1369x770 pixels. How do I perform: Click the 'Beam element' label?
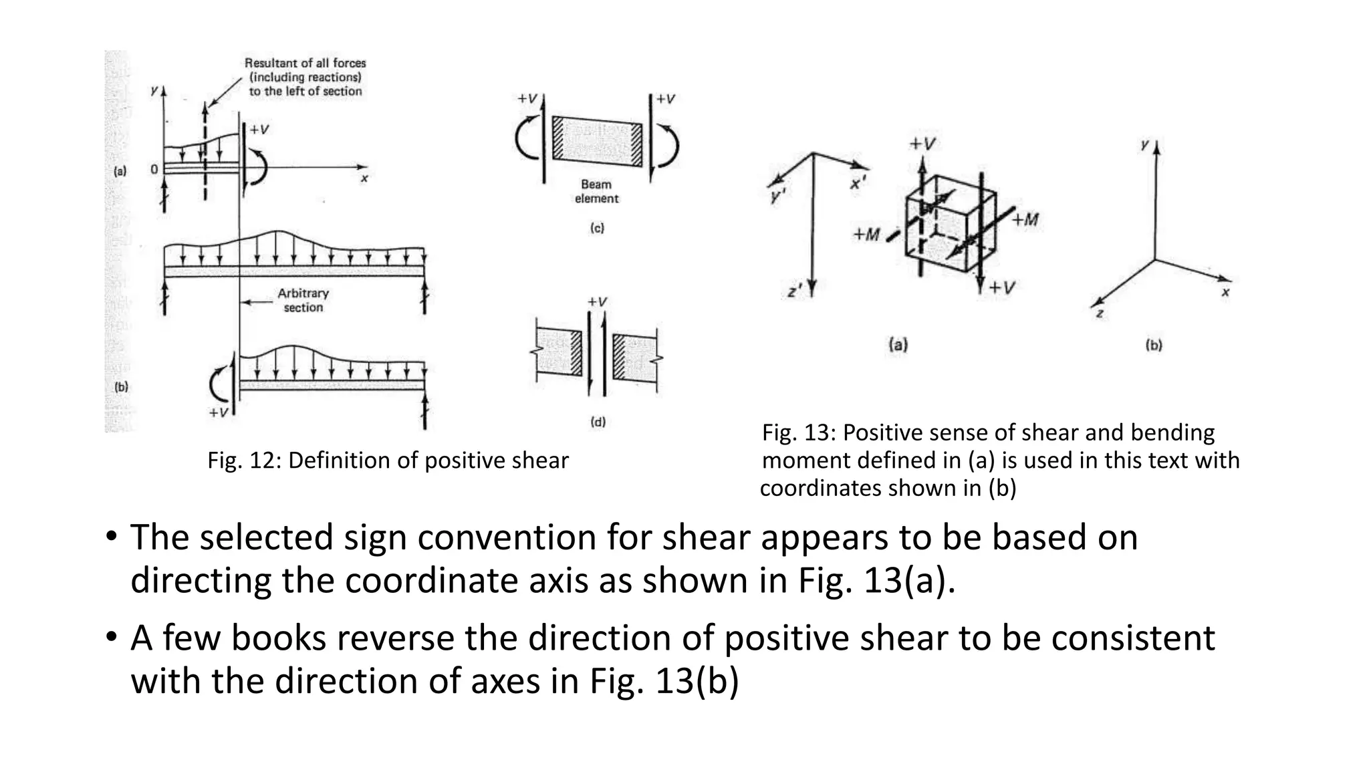click(x=596, y=191)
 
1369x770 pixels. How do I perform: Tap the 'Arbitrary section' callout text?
click(x=303, y=300)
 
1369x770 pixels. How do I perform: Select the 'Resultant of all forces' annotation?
click(x=305, y=77)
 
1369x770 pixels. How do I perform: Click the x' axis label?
click(x=858, y=182)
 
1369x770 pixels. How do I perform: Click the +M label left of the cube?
click(x=866, y=235)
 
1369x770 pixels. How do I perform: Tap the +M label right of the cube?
click(x=1025, y=219)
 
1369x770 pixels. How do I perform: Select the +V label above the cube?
click(x=922, y=144)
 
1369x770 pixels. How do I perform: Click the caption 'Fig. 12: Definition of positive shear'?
click(x=388, y=461)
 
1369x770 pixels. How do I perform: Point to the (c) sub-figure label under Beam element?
click(x=597, y=228)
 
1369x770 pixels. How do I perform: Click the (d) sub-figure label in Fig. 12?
click(x=598, y=422)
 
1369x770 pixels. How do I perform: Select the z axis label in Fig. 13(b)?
click(x=1100, y=313)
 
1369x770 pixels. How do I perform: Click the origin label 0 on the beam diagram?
click(x=154, y=169)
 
